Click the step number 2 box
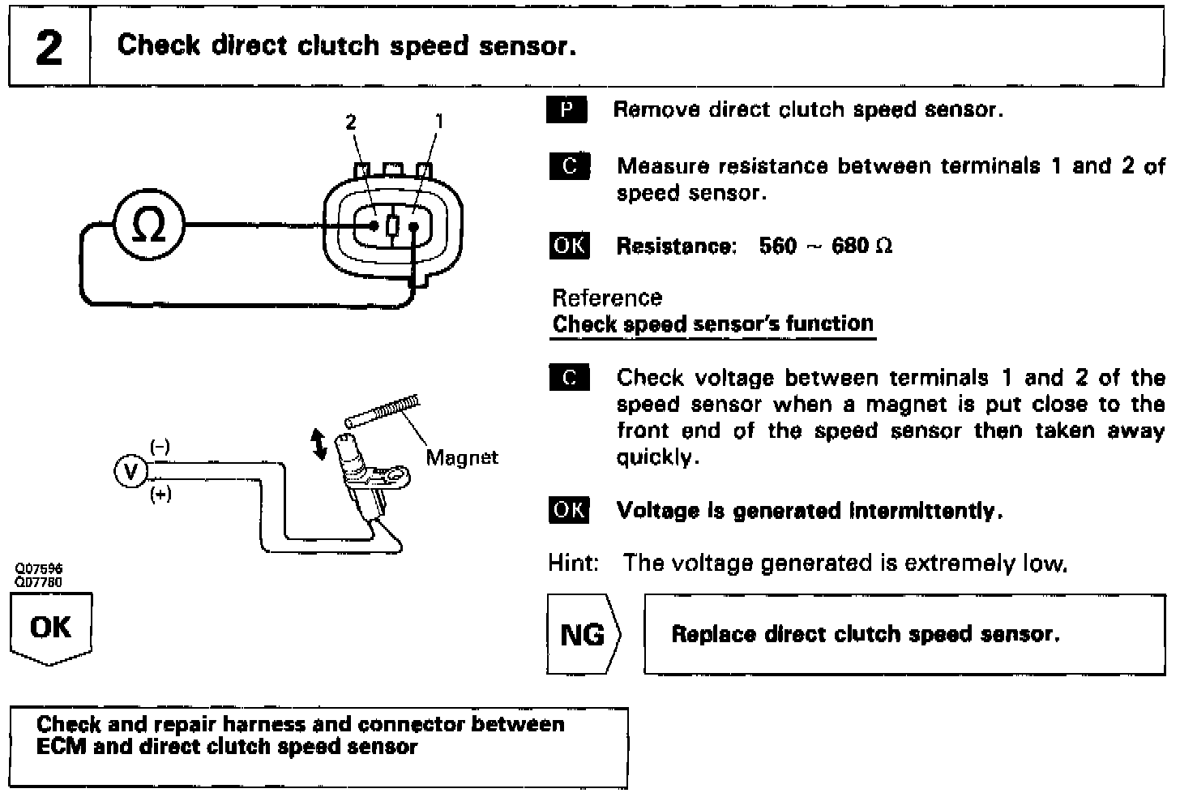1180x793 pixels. coord(49,47)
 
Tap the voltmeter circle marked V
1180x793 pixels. coord(130,471)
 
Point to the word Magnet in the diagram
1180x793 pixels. coord(461,457)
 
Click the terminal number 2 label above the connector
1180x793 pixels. coord(350,122)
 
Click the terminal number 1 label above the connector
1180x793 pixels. coord(439,122)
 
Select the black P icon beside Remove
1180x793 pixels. coord(567,109)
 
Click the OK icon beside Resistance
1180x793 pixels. coord(569,246)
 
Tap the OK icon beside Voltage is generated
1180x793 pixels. coord(569,510)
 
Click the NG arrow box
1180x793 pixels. coord(583,634)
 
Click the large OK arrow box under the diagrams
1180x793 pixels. coord(50,628)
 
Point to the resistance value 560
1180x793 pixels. coord(777,246)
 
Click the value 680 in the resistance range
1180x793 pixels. coord(850,246)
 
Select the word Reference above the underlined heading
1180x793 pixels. coord(606,298)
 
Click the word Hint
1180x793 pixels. coord(572,563)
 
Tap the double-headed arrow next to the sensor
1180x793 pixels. coord(319,444)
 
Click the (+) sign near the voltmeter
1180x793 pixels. coord(160,495)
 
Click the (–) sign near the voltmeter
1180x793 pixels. coord(160,447)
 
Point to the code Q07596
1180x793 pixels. coord(38,569)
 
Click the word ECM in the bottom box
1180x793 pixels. coord(61,747)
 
